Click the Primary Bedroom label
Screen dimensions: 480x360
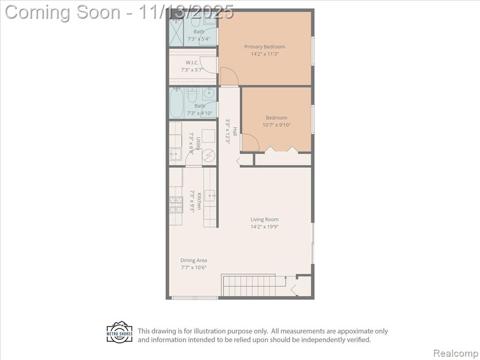[264, 46]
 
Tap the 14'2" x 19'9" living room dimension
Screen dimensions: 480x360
[264, 227]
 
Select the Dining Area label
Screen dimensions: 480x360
[194, 260]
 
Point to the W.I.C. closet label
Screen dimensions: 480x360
[192, 62]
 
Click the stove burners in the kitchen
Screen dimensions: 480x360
[176, 205]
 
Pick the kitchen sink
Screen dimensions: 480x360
[210, 195]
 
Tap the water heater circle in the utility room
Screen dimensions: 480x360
[209, 155]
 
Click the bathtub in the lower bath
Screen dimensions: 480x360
[176, 103]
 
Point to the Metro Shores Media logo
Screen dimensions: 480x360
[120, 332]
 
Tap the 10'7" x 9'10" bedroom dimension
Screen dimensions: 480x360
[277, 125]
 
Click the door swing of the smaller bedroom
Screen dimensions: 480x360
[251, 142]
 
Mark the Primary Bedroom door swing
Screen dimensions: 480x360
[229, 76]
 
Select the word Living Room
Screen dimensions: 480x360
[264, 219]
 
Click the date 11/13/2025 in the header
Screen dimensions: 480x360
[186, 12]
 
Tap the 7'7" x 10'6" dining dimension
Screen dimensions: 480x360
[194, 268]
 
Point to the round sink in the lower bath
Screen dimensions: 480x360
[210, 93]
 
